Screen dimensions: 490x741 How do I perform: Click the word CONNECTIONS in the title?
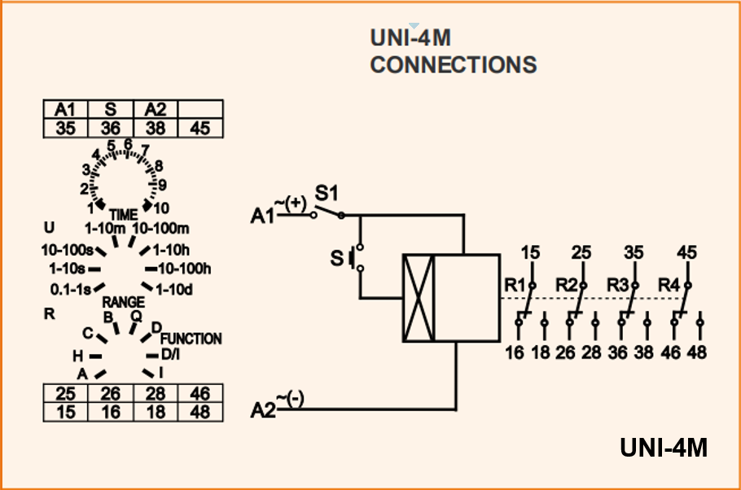(x=454, y=65)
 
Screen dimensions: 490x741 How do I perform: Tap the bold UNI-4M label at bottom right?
(x=663, y=448)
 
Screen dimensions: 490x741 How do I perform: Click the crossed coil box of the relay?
(x=419, y=298)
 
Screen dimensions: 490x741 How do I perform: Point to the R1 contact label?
(x=515, y=285)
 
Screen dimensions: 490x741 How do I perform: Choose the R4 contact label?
(x=669, y=285)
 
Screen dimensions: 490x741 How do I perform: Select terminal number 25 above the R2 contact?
(x=581, y=253)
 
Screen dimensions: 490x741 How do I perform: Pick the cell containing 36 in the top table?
(x=110, y=127)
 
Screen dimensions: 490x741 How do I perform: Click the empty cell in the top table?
(x=199, y=109)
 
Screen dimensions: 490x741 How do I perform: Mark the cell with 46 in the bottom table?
(x=199, y=394)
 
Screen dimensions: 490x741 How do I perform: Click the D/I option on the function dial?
(x=170, y=355)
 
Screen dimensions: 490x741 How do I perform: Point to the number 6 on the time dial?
(x=128, y=144)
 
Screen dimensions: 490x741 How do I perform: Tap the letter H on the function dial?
(x=78, y=356)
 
